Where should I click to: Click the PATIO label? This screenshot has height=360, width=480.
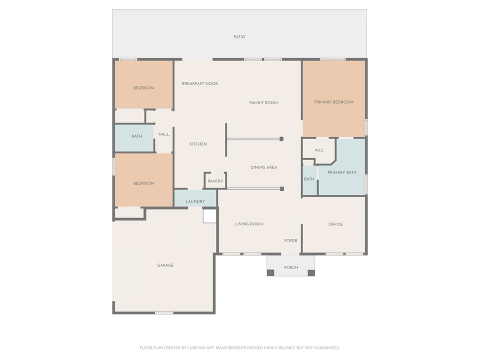[x=239, y=37]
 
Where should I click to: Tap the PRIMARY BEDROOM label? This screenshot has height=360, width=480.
[x=333, y=102]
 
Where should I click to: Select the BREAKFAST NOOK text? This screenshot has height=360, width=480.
[x=200, y=83]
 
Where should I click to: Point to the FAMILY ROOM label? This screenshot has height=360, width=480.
[x=263, y=102]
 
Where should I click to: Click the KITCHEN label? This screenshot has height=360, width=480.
[x=198, y=144]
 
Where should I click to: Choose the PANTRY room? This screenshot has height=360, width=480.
[x=215, y=181]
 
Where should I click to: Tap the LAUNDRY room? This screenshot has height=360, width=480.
[x=195, y=201]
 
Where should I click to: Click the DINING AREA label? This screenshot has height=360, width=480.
[x=263, y=167]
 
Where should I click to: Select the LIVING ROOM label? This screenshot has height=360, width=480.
[x=249, y=224]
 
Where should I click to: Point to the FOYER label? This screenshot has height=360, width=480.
[x=290, y=240]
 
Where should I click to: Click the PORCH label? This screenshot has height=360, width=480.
[x=291, y=267]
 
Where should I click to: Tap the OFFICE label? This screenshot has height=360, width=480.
[x=335, y=224]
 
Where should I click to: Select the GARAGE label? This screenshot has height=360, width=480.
[x=165, y=265]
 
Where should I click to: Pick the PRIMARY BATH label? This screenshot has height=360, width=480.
[x=342, y=172]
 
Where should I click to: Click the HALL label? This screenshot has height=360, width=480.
[x=164, y=134]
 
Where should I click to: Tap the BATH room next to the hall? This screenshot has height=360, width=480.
[x=136, y=136]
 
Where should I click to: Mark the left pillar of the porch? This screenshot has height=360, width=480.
[x=270, y=272]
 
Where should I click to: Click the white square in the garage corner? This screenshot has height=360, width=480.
[x=209, y=216]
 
